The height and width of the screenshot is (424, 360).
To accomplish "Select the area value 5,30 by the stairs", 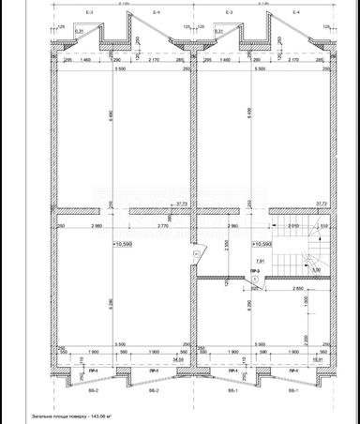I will tap(315, 270).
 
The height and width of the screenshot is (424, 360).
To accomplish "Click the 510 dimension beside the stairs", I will tap(324, 226).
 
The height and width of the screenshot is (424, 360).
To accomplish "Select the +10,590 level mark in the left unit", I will tap(124, 242).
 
